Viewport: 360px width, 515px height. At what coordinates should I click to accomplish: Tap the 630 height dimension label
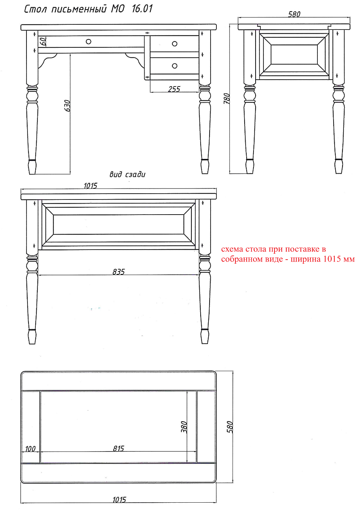pos(67,105)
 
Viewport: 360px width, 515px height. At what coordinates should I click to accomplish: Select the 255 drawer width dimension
pos(174,89)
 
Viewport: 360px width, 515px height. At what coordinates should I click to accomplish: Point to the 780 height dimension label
pos(227,99)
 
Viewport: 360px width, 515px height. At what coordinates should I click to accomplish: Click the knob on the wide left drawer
pos(89,42)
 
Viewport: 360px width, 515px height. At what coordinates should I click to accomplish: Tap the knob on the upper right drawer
pos(175,44)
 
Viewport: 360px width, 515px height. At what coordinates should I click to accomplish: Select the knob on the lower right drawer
pos(175,66)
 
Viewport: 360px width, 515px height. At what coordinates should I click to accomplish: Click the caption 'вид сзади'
pos(127,174)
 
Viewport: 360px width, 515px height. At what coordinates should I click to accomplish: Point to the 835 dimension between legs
pos(119,272)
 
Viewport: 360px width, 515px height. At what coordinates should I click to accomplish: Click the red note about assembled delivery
pos(288,254)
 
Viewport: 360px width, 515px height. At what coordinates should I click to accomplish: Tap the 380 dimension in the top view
pos(184,427)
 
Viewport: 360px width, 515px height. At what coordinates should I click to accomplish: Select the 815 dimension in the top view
pos(119,448)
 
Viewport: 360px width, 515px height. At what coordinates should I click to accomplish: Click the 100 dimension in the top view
pos(30,448)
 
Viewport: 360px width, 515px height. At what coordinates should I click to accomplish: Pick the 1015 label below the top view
pos(119,500)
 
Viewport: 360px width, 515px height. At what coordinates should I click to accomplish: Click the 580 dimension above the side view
pos(294,14)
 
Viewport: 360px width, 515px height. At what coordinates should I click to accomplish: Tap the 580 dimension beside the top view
pos(230,427)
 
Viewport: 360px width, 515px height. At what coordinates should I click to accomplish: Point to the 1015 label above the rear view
pos(90,185)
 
